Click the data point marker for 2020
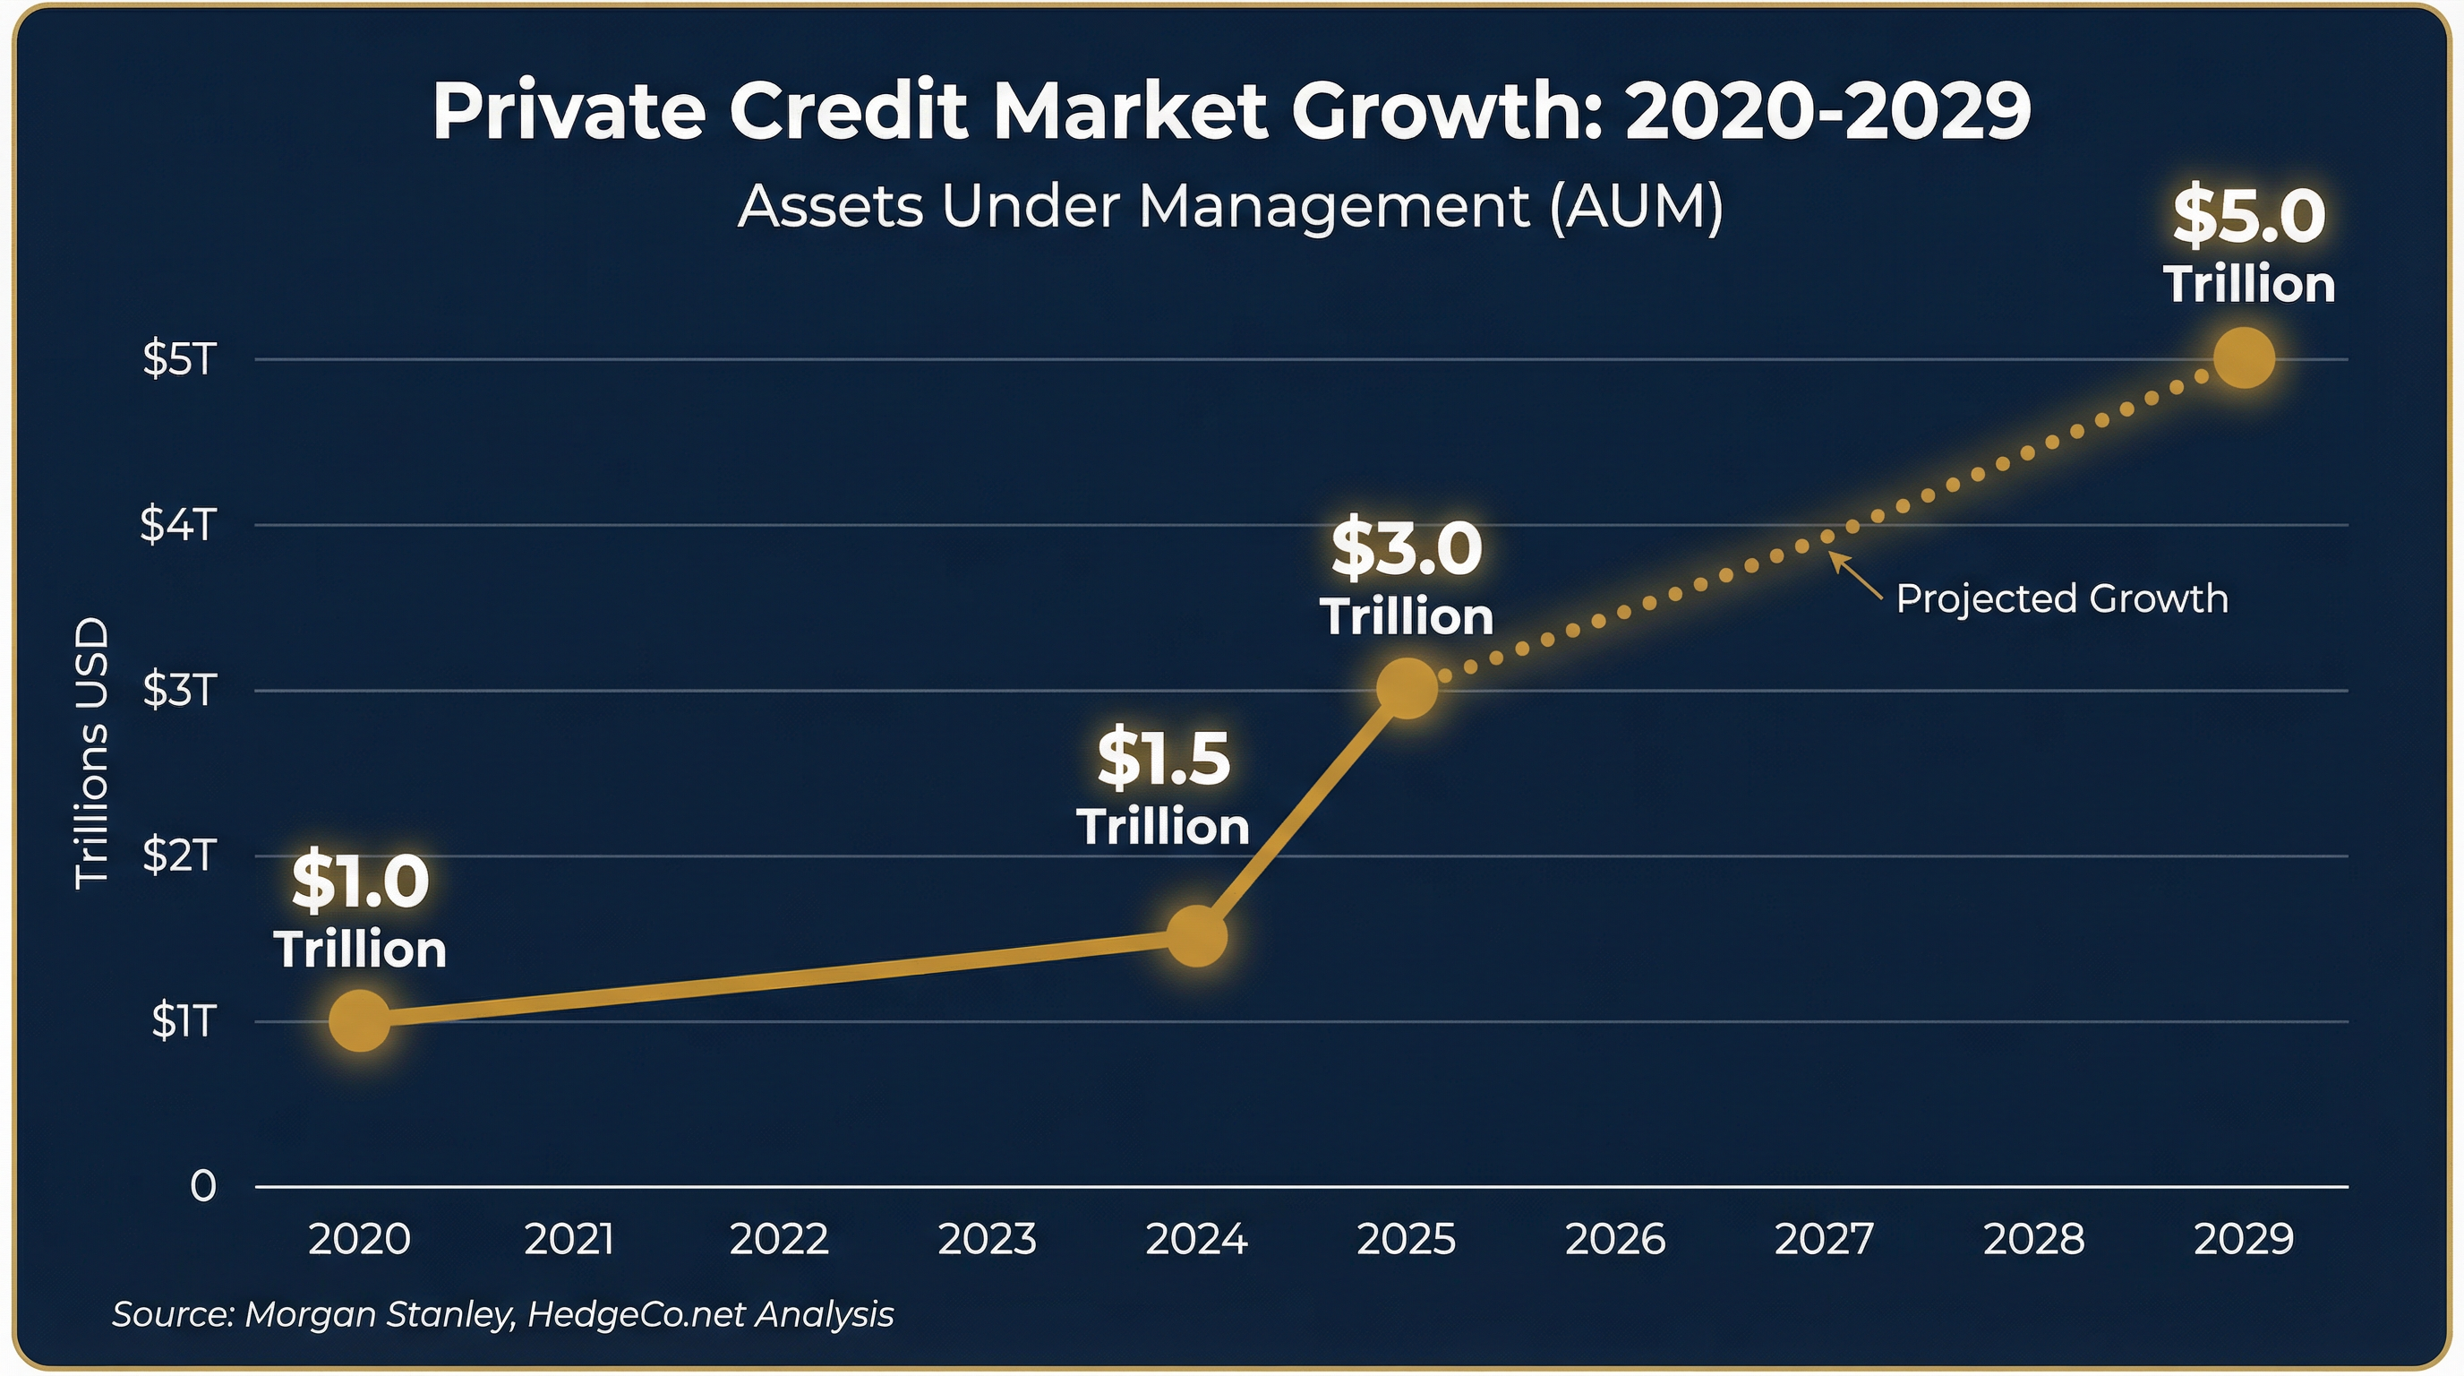pyautogui.click(x=360, y=1020)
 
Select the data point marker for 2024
pyautogui.click(x=1196, y=936)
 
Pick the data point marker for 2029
pyautogui.click(x=2244, y=357)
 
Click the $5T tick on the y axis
pyautogui.click(x=180, y=359)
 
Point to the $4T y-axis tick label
pyautogui.click(x=178, y=524)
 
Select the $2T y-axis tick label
pyautogui.click(x=180, y=855)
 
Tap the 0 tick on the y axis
pyautogui.click(x=202, y=1187)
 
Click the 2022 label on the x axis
pyautogui.click(x=779, y=1239)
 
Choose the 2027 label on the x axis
pyautogui.click(x=1824, y=1239)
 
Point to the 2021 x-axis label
pyautogui.click(x=569, y=1239)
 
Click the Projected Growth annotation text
pyautogui.click(x=2061, y=598)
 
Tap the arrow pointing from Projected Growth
pyautogui.click(x=1856, y=577)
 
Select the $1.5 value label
pyautogui.click(x=1163, y=760)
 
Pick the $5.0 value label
pyautogui.click(x=2249, y=216)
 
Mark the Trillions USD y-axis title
pyautogui.click(x=93, y=753)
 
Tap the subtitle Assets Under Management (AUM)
pyautogui.click(x=1230, y=206)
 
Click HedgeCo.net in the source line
pyautogui.click(x=634, y=1314)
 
